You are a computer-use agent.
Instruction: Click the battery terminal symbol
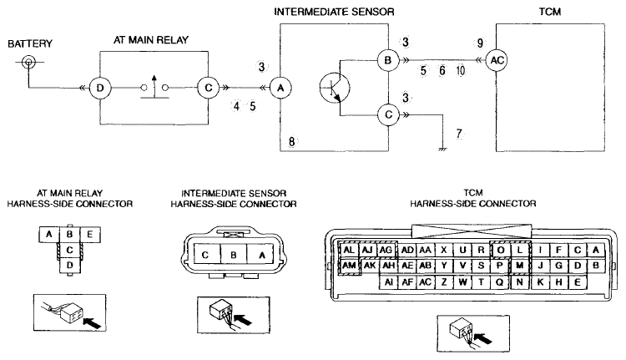(28, 62)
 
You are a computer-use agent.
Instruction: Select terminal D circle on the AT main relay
(100, 88)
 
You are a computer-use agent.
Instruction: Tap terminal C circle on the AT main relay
(209, 88)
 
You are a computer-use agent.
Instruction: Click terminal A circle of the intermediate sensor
(280, 88)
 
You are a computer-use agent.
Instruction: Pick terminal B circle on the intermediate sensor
(388, 60)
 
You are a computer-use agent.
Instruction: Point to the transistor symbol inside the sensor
(335, 88)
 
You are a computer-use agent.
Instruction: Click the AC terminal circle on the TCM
(497, 60)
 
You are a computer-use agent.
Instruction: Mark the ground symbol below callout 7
(442, 150)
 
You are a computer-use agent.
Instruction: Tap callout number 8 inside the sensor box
(292, 141)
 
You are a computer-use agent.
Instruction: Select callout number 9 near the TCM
(479, 43)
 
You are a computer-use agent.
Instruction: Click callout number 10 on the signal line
(461, 71)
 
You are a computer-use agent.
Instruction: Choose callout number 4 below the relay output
(236, 106)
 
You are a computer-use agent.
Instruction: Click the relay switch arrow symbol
(154, 83)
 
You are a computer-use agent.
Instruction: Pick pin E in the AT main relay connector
(90, 234)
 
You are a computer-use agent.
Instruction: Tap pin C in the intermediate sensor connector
(205, 255)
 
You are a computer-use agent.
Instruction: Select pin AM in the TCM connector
(349, 266)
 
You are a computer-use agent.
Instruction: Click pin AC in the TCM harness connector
(425, 282)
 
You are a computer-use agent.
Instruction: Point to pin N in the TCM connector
(519, 282)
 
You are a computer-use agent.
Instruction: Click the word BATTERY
(30, 43)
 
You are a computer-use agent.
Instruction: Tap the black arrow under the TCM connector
(484, 337)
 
